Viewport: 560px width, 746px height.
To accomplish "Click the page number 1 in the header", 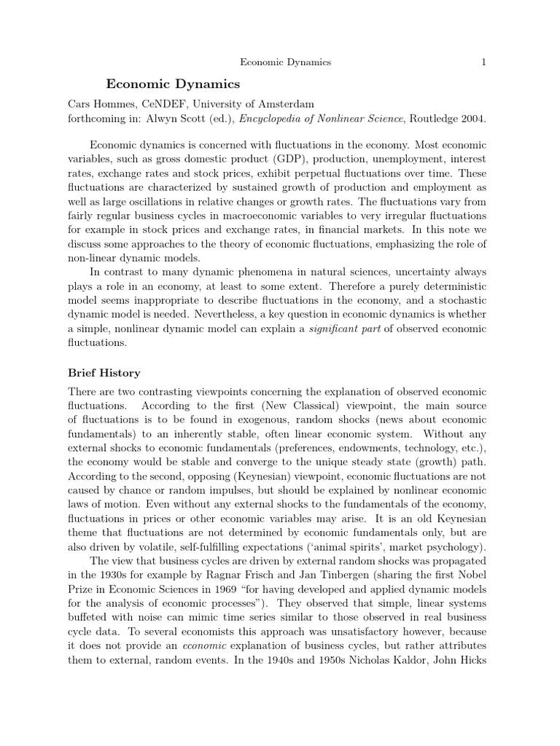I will tap(483, 63).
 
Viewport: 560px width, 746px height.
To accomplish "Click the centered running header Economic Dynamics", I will tap(281, 63).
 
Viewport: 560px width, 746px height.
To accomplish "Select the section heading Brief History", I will tap(104, 373).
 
